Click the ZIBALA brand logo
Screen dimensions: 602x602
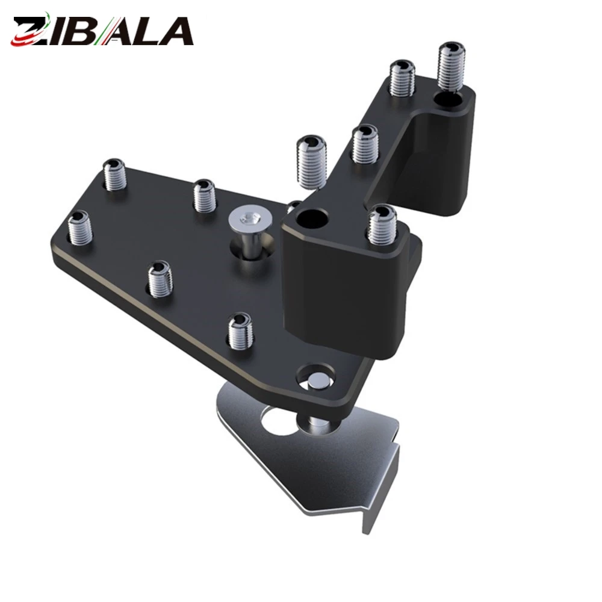[102, 29]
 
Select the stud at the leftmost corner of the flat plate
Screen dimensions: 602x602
[80, 228]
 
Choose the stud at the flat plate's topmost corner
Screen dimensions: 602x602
[115, 175]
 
